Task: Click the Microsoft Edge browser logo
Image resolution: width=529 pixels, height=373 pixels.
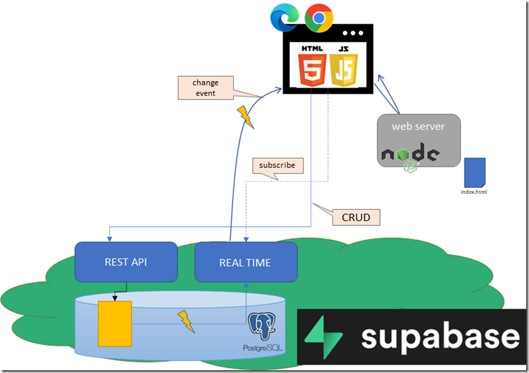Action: point(284,17)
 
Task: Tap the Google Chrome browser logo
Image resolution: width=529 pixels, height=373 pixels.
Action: point(319,18)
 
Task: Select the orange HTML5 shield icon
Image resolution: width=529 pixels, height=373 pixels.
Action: point(312,70)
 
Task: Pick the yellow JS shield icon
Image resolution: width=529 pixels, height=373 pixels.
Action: point(344,70)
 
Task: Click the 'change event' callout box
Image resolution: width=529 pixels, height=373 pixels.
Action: point(206,87)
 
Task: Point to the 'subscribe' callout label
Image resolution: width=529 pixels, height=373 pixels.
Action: point(278,165)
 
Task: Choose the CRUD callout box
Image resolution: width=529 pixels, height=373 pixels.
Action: point(356,218)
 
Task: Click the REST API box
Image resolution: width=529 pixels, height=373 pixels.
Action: point(126,262)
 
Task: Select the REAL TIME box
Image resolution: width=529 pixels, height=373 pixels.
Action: point(246,262)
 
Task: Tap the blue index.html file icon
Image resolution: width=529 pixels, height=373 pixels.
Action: point(474,172)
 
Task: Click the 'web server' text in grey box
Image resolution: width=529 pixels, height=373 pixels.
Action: point(418,126)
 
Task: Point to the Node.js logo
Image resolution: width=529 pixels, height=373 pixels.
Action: point(411,157)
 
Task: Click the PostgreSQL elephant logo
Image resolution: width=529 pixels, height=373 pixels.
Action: point(262,326)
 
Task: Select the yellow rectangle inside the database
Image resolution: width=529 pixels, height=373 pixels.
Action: point(115,324)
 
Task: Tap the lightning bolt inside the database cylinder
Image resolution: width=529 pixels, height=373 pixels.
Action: point(186,321)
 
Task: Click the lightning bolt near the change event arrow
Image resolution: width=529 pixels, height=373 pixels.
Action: point(246,117)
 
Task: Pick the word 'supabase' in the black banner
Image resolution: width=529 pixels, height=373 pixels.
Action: point(440,337)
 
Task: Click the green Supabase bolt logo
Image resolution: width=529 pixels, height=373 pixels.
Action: point(323,337)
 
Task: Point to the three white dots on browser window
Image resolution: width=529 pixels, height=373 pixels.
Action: point(353,33)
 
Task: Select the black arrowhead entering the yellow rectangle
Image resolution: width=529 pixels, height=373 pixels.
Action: point(115,298)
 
